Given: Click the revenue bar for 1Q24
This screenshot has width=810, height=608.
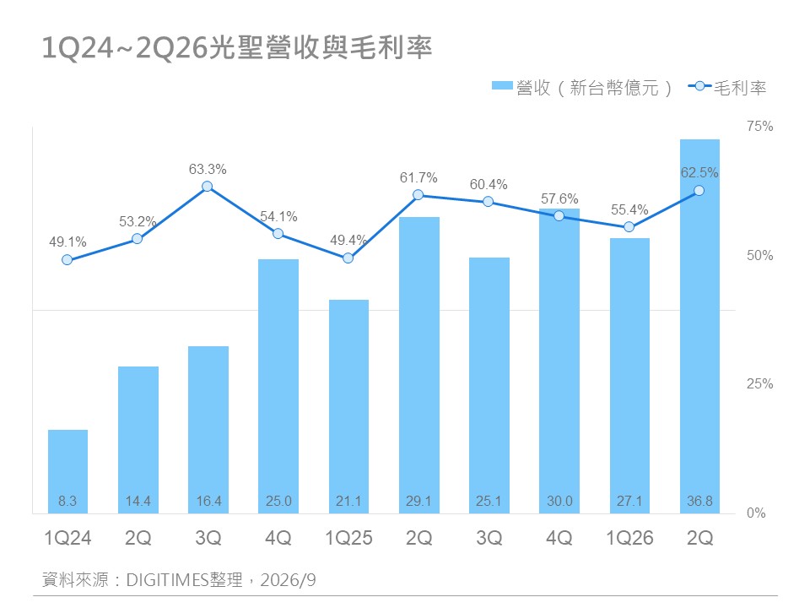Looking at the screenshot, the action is [x=67, y=471].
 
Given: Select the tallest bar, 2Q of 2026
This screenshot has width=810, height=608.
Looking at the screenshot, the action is [x=699, y=326].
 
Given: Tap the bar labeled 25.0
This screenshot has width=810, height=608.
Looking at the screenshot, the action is [x=278, y=386].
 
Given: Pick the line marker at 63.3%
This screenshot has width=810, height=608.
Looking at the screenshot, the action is [x=208, y=186].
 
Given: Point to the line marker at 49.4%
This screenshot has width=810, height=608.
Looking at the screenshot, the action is [x=348, y=258].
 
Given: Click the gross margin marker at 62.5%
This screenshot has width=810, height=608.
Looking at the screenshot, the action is [x=699, y=191].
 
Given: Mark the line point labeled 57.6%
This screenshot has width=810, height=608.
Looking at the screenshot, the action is [x=559, y=215].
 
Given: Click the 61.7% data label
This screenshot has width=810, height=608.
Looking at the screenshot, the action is [x=418, y=178].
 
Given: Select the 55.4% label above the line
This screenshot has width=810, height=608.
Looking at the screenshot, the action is [x=629, y=209].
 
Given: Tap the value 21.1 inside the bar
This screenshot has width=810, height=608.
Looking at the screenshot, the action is [x=348, y=501].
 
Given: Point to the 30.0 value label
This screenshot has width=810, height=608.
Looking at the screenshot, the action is [x=559, y=501].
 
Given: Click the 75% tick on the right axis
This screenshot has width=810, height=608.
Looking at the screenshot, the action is [x=759, y=126].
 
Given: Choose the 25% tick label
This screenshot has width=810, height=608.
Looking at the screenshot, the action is [x=759, y=383].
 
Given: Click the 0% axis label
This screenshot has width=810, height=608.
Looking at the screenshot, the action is [x=756, y=513].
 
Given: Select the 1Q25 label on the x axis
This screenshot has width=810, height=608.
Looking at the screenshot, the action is [x=348, y=538].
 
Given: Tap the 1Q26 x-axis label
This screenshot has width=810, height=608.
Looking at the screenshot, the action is [x=629, y=538].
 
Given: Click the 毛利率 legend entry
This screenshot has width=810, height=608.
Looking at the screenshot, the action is [x=727, y=87].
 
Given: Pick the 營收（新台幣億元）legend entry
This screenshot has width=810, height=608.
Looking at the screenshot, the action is [x=582, y=87].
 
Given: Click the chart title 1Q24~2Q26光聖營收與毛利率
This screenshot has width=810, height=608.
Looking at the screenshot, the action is [x=236, y=48].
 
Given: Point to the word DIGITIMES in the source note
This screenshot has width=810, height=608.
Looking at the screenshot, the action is [x=167, y=579].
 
